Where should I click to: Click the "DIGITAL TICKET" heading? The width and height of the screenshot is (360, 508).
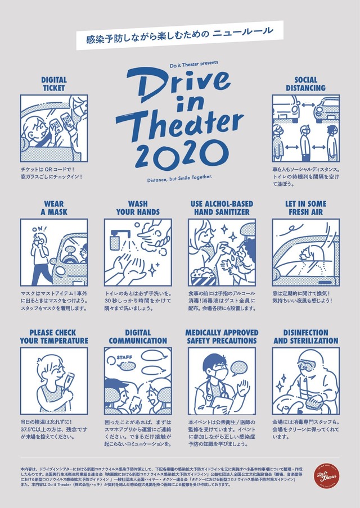[x=53, y=84]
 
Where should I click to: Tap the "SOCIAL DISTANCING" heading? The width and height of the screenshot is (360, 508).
[x=305, y=84]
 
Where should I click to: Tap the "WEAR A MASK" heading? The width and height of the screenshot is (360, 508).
[x=53, y=208]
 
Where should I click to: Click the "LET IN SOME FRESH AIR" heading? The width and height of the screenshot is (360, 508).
[x=305, y=208]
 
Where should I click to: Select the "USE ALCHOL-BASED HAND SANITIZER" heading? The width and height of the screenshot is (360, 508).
[x=221, y=208]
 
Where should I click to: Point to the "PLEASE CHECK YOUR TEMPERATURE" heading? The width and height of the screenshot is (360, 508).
[x=54, y=337]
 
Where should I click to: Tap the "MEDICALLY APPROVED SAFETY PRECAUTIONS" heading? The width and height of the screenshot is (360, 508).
[x=221, y=337]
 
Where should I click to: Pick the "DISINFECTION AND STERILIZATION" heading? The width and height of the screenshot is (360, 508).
[x=305, y=337]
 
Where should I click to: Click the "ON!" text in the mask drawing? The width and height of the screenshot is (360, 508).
[x=38, y=229]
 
